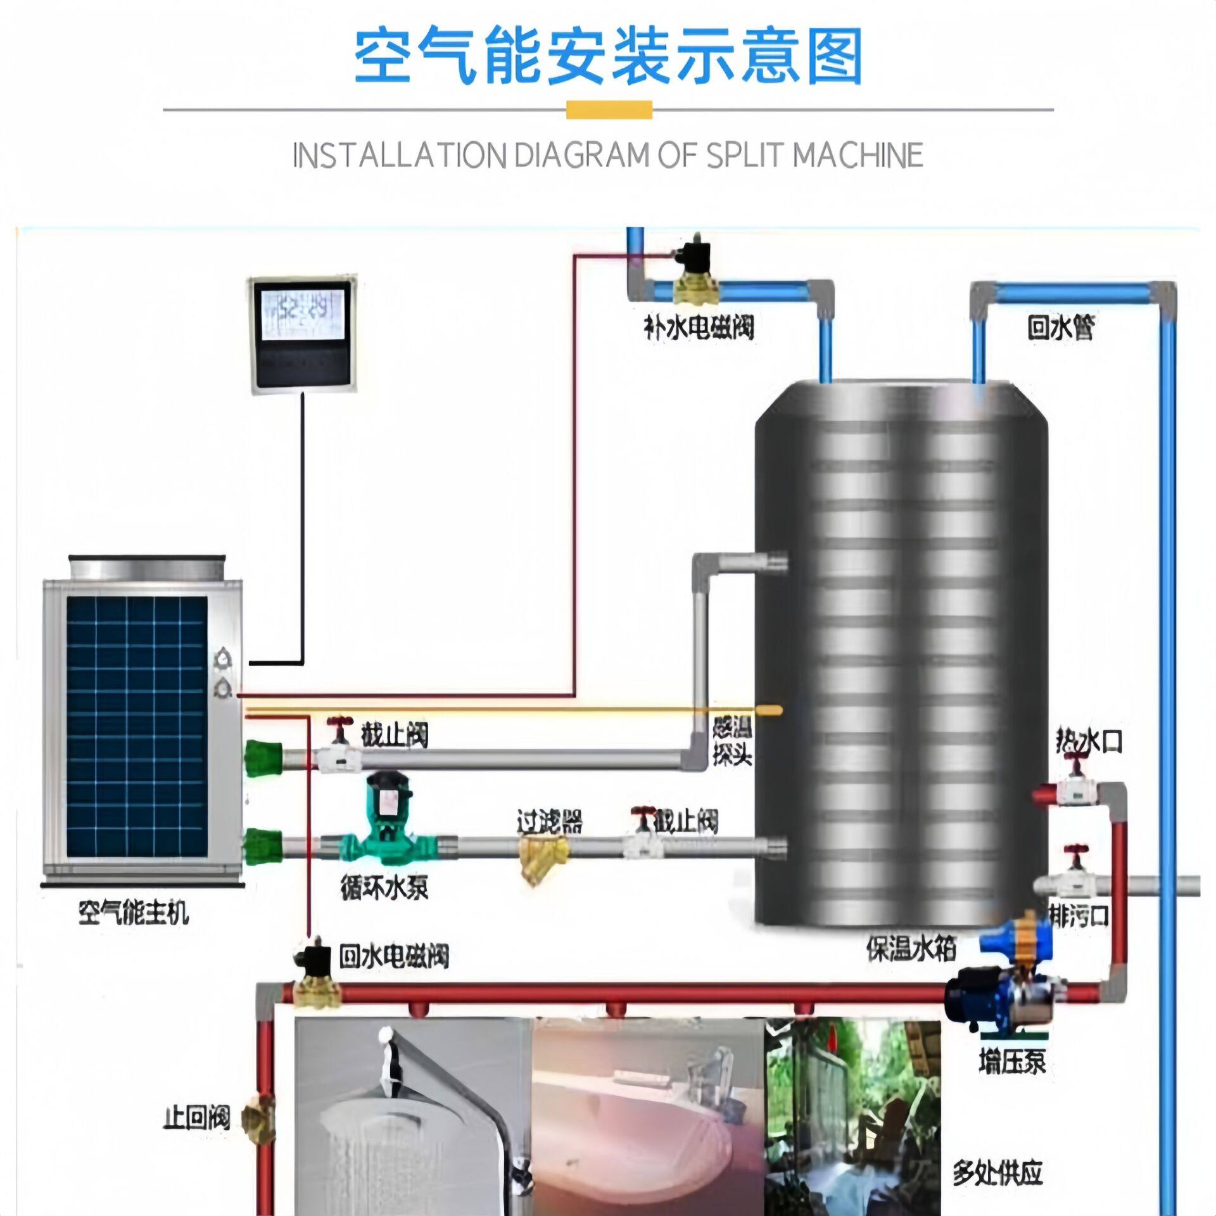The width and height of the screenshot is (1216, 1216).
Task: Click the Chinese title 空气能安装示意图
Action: (x=608, y=57)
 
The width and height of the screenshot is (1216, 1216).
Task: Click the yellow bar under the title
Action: (x=609, y=110)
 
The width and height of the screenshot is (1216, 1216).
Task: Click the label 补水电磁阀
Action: (x=699, y=328)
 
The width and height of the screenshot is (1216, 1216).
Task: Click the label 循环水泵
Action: (x=384, y=889)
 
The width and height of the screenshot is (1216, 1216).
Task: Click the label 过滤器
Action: (x=549, y=822)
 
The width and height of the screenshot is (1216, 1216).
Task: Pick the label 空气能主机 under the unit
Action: (x=133, y=913)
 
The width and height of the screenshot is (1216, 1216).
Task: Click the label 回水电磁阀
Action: (x=394, y=956)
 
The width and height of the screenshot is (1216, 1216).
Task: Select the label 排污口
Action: (x=1079, y=916)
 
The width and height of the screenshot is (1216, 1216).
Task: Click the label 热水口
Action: (x=1089, y=742)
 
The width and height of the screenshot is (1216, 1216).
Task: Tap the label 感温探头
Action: (x=732, y=742)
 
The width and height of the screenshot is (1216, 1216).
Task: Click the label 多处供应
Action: (x=997, y=1173)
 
